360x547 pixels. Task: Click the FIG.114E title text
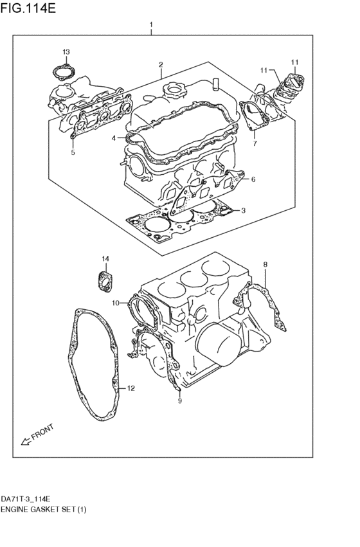pos(28,8)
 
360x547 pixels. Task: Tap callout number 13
pos(66,52)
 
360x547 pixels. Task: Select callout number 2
pos(161,64)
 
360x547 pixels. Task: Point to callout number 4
pos(114,138)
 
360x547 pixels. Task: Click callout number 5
pos(73,152)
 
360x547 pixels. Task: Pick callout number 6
pos(253,179)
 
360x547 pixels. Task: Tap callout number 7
pos(255,143)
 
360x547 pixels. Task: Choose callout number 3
pos(243,210)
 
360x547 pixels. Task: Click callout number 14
pos(105,258)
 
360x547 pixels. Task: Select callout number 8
pos(265,265)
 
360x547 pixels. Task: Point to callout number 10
pos(116,303)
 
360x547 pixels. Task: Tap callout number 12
pos(130,388)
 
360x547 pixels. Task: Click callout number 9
pos(180,401)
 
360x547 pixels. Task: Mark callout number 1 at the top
pos(151,25)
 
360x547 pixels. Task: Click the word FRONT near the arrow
pos(42,431)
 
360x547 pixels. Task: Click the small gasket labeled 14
pos(105,281)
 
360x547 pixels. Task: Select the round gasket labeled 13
pos(64,71)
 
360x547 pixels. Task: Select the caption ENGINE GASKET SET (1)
pos(43,510)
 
